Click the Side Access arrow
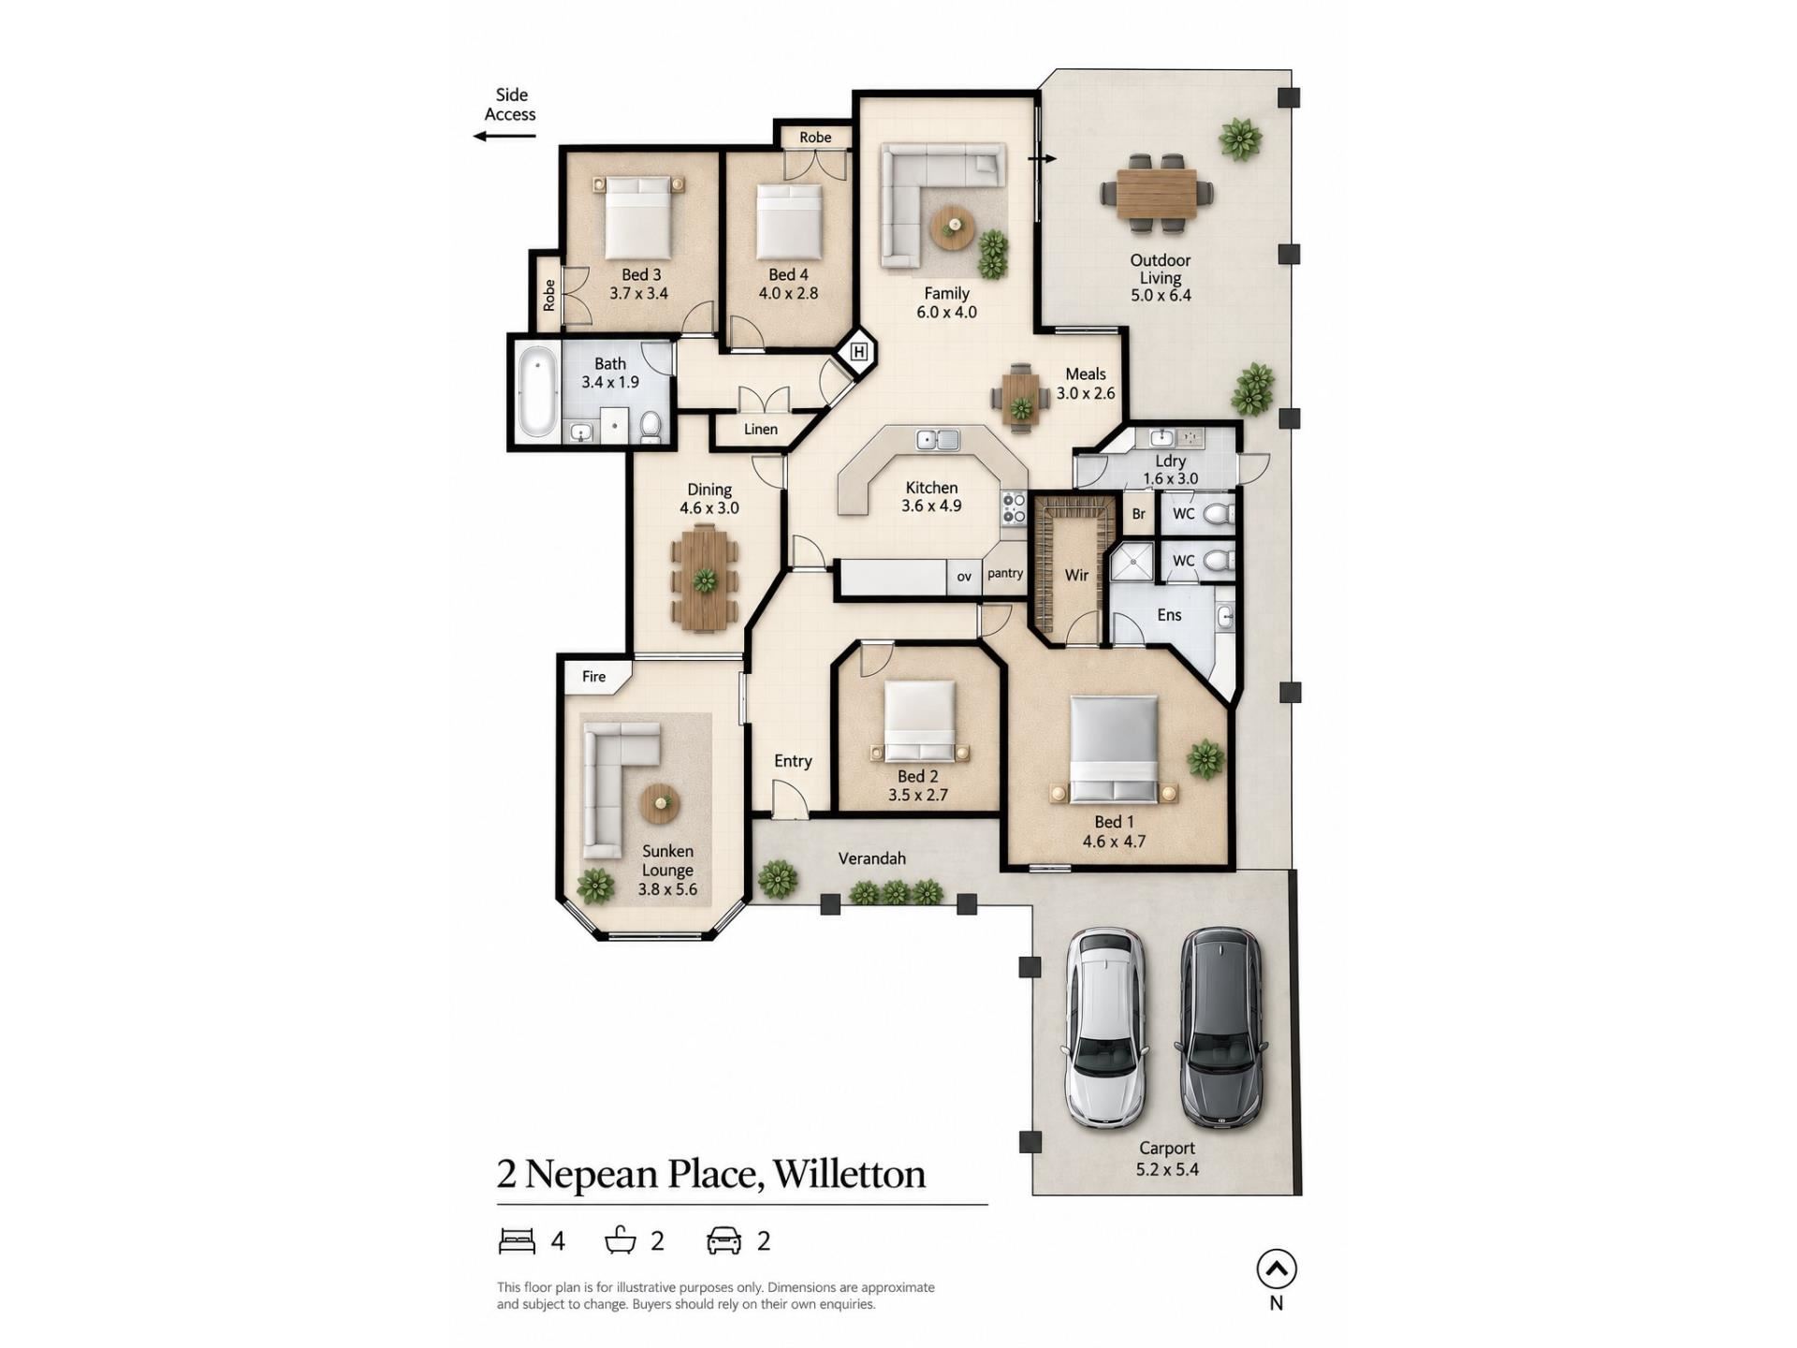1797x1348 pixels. coord(504,137)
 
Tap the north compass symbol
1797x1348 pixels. coord(1277,1269)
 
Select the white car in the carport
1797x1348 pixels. coord(1106,1028)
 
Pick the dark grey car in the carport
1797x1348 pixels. coord(1221,1026)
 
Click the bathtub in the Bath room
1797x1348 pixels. coord(537,391)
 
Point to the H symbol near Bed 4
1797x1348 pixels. coord(859,352)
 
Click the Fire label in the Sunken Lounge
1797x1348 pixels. coord(594,677)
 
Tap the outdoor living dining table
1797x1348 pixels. coord(1157,194)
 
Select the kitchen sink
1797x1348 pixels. coord(938,439)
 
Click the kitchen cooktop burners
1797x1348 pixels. coord(1015,509)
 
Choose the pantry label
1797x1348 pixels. coord(1005,574)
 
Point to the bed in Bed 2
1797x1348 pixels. coord(920,721)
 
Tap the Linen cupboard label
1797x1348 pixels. coord(761,430)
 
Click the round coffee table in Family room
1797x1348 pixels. coord(953,227)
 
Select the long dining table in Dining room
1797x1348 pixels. coord(705,577)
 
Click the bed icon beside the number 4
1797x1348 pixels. coord(517,1241)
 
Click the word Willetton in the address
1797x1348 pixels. coord(850,1175)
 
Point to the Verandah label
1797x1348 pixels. coord(872,858)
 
